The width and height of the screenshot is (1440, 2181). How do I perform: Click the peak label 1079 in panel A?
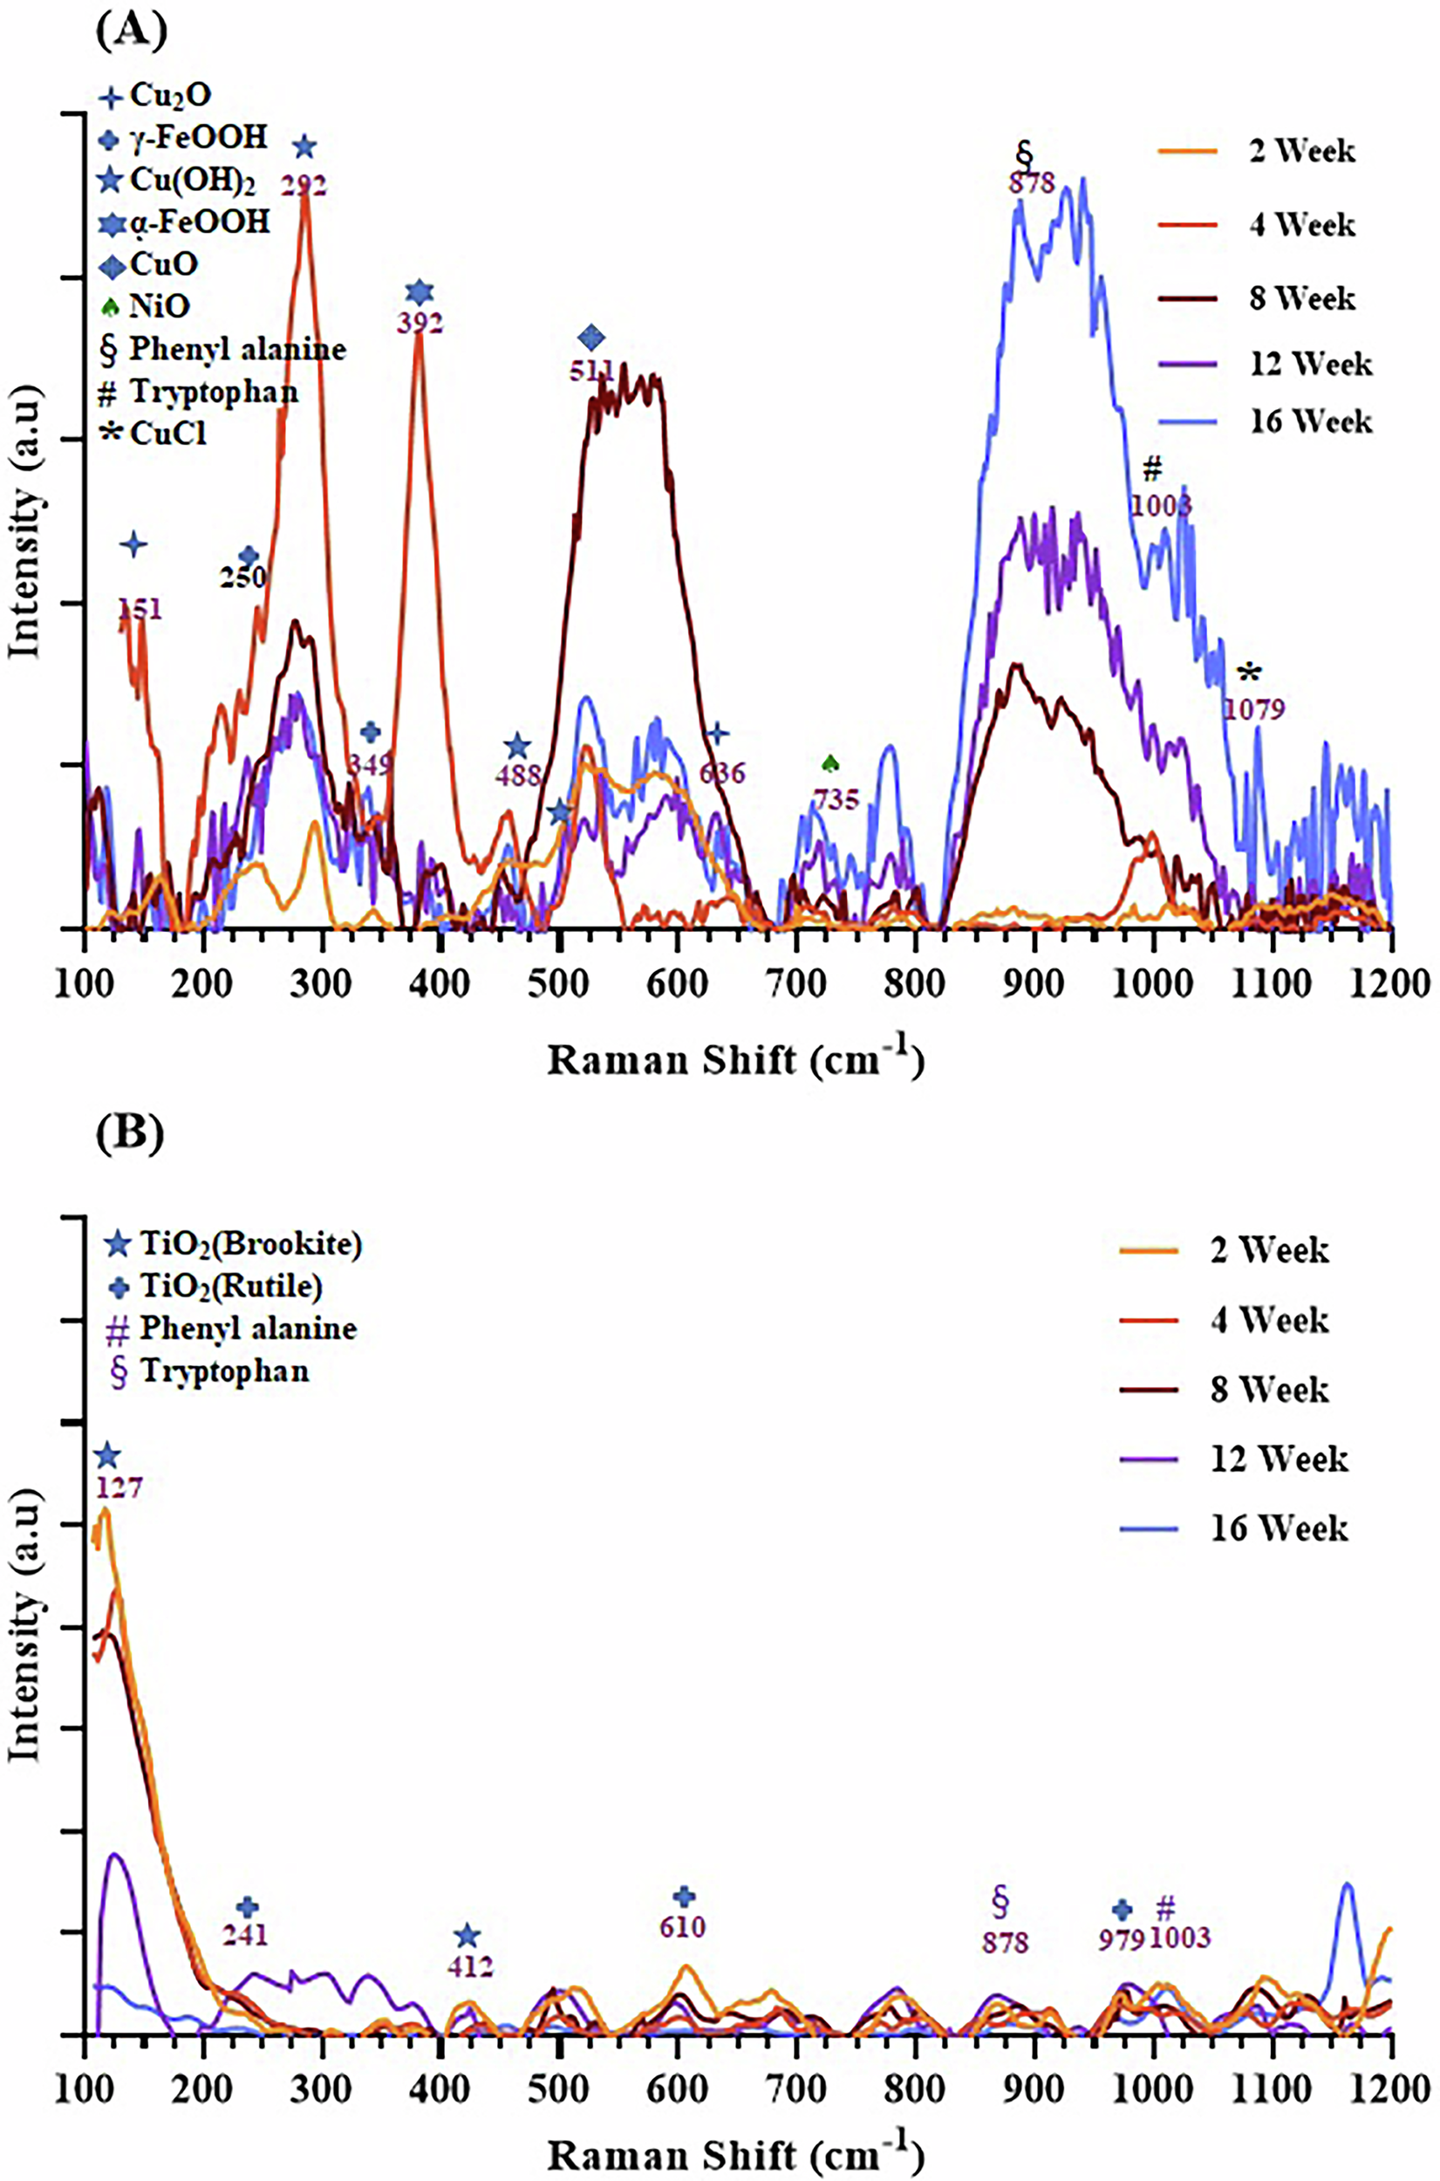1253,709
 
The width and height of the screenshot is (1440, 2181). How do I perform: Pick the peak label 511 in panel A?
591,371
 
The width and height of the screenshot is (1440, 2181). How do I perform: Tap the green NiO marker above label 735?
830,763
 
